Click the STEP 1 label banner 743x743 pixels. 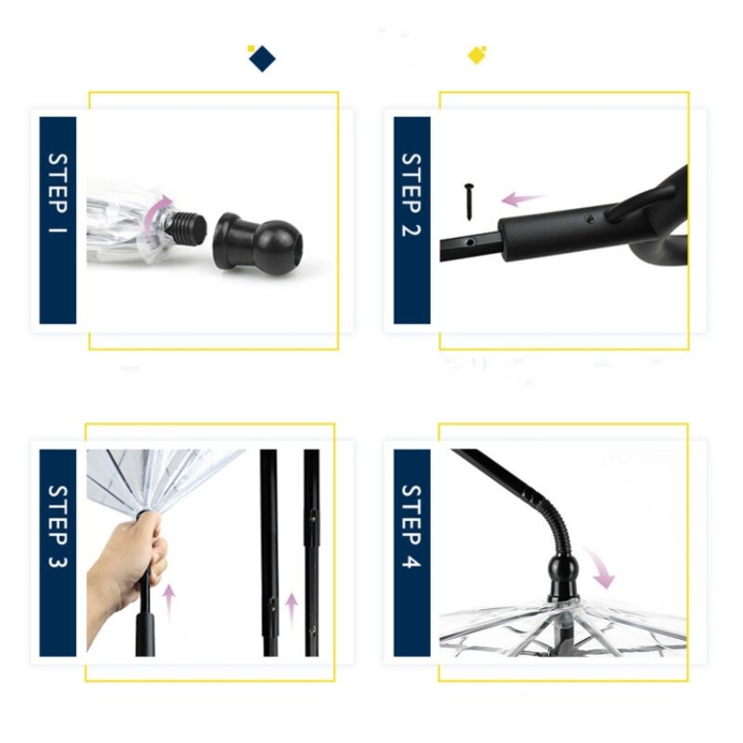[58, 220]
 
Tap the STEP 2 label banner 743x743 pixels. [411, 220]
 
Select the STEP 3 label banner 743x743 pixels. [58, 553]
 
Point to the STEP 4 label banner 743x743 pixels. [411, 553]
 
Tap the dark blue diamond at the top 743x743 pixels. [262, 58]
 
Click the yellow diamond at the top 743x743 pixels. [476, 56]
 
